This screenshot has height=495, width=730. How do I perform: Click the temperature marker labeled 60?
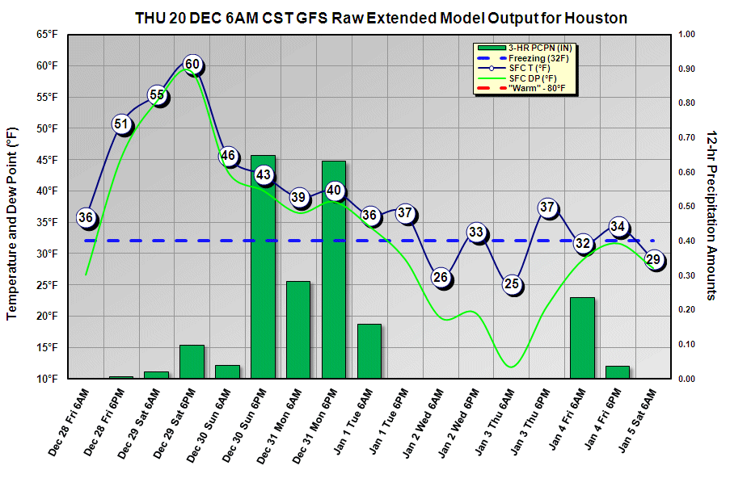(192, 65)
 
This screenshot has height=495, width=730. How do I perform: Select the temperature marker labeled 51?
(121, 124)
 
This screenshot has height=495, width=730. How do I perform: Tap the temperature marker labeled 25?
(512, 284)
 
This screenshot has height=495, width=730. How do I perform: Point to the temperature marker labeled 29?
(654, 259)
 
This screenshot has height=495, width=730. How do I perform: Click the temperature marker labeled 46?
(228, 156)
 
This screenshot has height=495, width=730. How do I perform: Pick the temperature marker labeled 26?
(441, 278)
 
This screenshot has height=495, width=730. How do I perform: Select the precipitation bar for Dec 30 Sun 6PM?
(264, 266)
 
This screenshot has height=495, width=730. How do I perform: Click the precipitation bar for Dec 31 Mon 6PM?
(334, 270)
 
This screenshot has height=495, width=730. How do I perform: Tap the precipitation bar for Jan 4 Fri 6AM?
(582, 338)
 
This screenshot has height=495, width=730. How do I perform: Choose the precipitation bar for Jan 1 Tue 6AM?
(369, 351)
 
